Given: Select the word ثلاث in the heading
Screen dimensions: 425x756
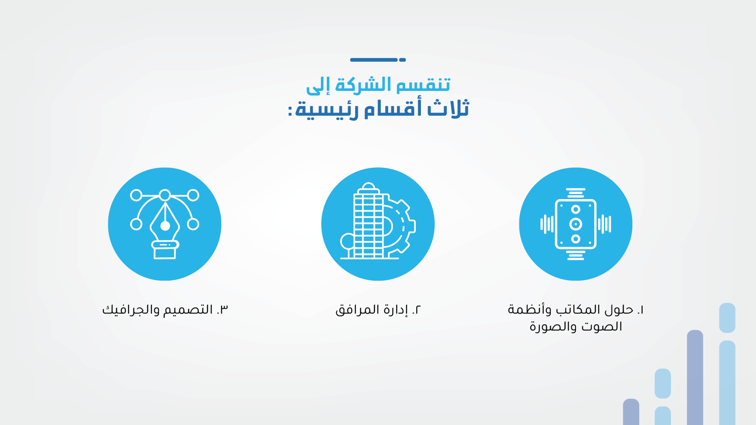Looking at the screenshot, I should pos(448,109).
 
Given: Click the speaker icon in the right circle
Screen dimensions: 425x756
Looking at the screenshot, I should pos(576,224).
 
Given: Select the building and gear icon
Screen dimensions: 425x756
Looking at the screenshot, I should pos(377,222).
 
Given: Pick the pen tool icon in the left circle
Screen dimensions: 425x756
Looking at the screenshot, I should pos(165,224).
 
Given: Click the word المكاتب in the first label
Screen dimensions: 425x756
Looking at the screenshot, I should pos(578,310).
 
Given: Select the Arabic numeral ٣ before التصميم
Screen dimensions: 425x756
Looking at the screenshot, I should pos(223,310).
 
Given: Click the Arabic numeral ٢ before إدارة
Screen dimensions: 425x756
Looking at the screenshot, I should pos(417,310).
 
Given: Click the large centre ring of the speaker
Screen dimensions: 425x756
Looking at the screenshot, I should pos(576,224).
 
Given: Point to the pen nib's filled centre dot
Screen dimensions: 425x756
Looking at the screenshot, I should pos(165,226).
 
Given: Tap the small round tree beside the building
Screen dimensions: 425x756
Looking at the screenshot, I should pos(348,241).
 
